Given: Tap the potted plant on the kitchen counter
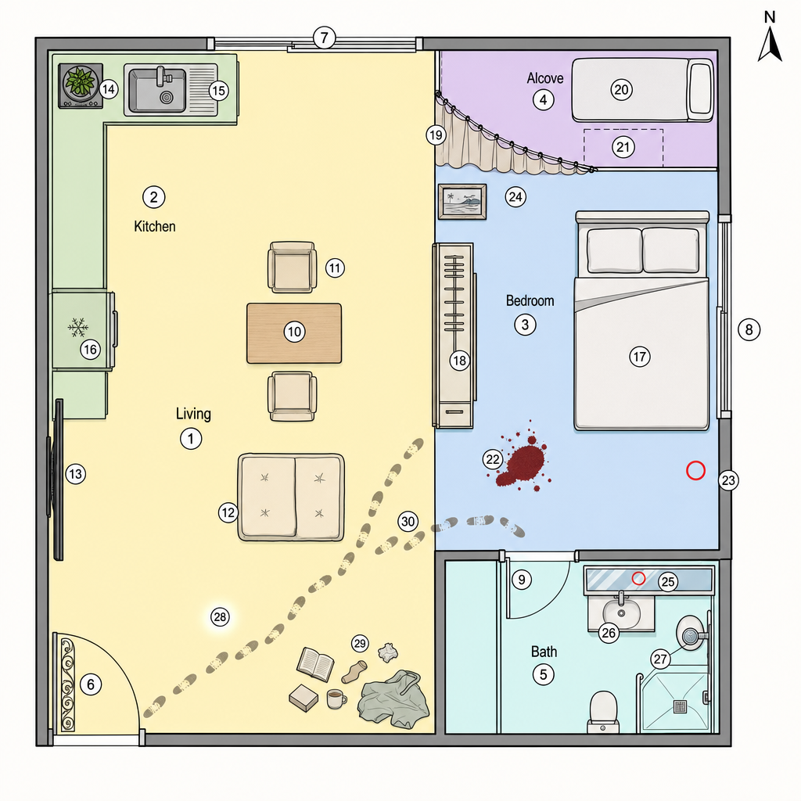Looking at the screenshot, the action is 81,81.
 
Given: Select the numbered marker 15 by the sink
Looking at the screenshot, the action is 219,91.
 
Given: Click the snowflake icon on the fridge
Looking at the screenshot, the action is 78,328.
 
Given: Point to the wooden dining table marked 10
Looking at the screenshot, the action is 294,333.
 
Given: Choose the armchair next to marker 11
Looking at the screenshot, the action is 293,268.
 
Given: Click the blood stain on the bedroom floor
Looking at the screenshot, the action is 523,460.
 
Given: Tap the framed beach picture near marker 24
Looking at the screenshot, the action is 462,202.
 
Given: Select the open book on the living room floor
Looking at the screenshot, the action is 316,663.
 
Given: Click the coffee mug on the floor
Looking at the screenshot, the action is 336,699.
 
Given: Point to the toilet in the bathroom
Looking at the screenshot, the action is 603,712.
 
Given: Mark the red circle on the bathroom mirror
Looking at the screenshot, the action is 638,578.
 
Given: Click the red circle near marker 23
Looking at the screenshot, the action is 695,470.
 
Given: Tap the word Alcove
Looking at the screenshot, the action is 545,78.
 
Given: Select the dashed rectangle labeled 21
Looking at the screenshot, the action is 623,148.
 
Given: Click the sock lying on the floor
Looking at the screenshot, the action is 354,671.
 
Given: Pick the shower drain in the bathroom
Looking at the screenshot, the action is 681,706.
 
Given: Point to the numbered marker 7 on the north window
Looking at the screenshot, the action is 324,38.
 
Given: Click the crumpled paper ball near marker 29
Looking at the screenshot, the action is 388,652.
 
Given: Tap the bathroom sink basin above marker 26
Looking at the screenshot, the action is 621,612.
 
